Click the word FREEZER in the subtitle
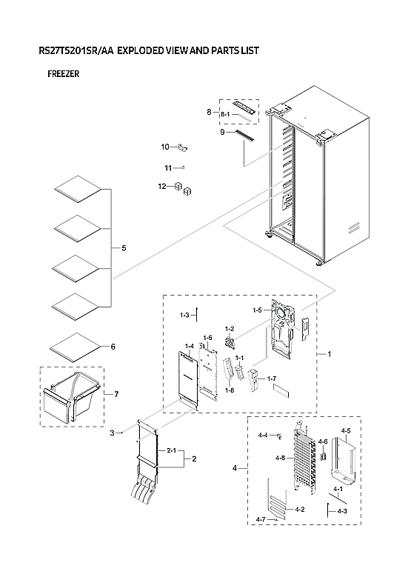pyautogui.click(x=63, y=74)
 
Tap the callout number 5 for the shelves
pyautogui.click(x=124, y=247)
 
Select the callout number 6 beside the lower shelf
pyautogui.click(x=113, y=347)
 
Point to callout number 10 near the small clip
pyautogui.click(x=165, y=147)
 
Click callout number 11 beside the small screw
pyautogui.click(x=168, y=168)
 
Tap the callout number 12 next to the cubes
pyautogui.click(x=161, y=186)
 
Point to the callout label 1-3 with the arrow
pyautogui.click(x=184, y=316)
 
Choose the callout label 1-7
pyautogui.click(x=271, y=378)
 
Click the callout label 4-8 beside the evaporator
pyautogui.click(x=280, y=458)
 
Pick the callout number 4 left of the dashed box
pyautogui.click(x=235, y=468)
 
